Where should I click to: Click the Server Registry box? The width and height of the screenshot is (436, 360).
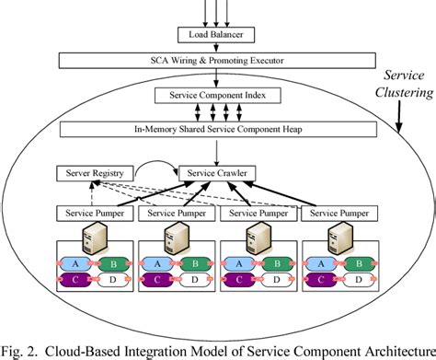click(x=95, y=172)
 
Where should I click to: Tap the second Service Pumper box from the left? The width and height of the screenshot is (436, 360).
click(x=175, y=215)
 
